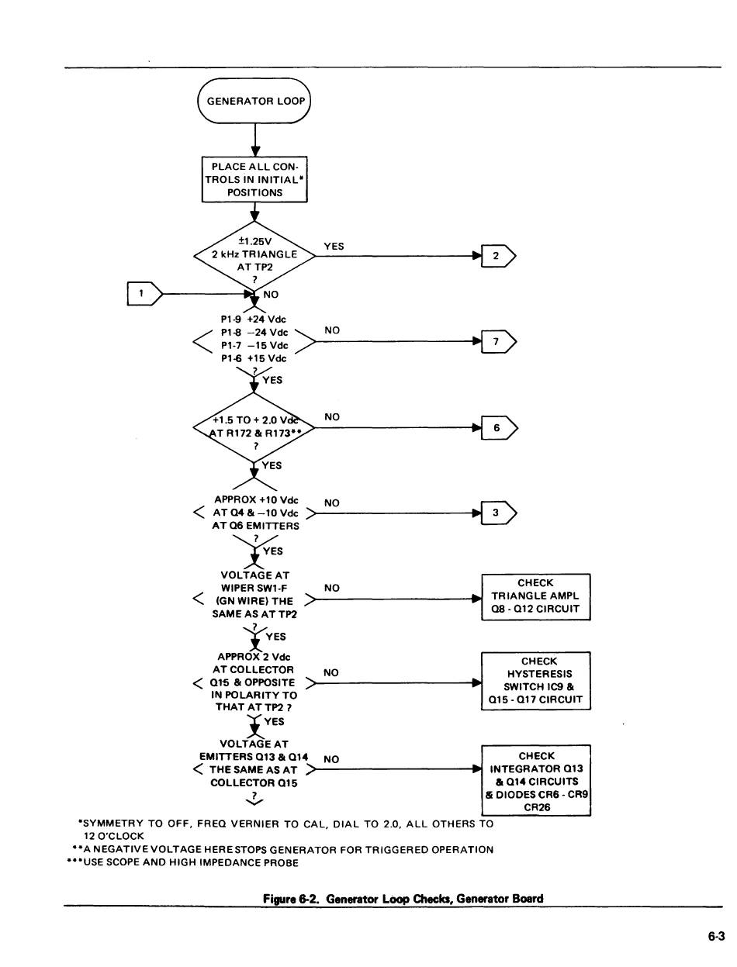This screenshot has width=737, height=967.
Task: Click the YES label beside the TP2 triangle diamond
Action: (x=334, y=247)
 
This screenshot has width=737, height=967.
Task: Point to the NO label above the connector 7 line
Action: (x=332, y=330)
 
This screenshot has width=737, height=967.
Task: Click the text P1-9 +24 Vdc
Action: (x=254, y=319)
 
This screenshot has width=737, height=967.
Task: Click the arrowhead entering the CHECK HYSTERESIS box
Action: (x=476, y=683)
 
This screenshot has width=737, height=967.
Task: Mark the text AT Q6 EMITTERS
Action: (x=255, y=526)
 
